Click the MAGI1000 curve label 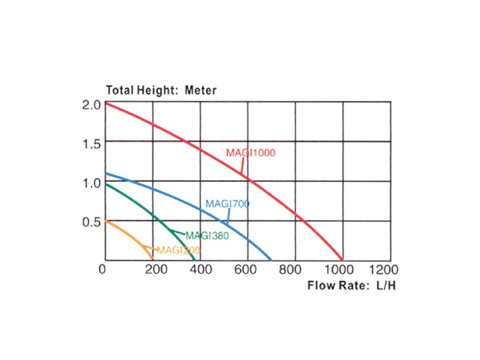(x=250, y=153)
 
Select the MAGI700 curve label (x=227, y=204)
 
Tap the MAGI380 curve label (x=207, y=235)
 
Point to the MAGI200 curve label (x=179, y=250)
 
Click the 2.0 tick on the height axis (x=91, y=105)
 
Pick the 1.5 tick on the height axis (x=91, y=143)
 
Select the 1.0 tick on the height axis (x=91, y=182)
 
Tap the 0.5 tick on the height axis (x=91, y=222)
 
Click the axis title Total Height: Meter (x=161, y=90)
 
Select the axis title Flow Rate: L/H (x=351, y=285)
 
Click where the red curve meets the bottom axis (x=342, y=260)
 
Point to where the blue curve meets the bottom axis (x=271, y=260)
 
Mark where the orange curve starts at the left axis (x=105, y=221)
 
